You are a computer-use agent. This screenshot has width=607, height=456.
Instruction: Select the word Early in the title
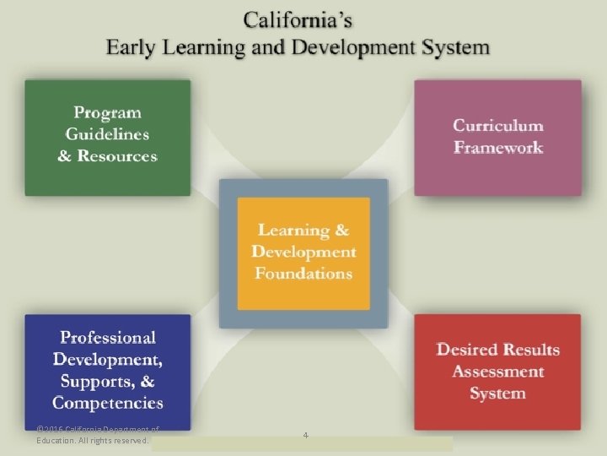132,46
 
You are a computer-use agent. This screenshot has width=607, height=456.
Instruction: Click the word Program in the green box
108,111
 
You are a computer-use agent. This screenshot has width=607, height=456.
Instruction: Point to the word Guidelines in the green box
108,133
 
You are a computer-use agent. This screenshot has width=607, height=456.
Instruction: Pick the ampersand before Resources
65,156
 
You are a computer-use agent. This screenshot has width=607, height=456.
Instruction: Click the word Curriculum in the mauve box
498,125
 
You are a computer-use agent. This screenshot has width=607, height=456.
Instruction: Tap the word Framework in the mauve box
498,147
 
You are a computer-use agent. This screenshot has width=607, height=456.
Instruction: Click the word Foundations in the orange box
303,273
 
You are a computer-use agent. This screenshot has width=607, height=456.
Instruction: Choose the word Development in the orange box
303,252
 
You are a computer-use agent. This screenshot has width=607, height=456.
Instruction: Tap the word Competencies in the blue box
108,403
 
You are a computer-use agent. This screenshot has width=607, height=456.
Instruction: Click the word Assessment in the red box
498,372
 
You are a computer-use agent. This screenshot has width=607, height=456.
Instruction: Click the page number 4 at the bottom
305,435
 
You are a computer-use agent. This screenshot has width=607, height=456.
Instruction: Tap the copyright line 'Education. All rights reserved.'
93,440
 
